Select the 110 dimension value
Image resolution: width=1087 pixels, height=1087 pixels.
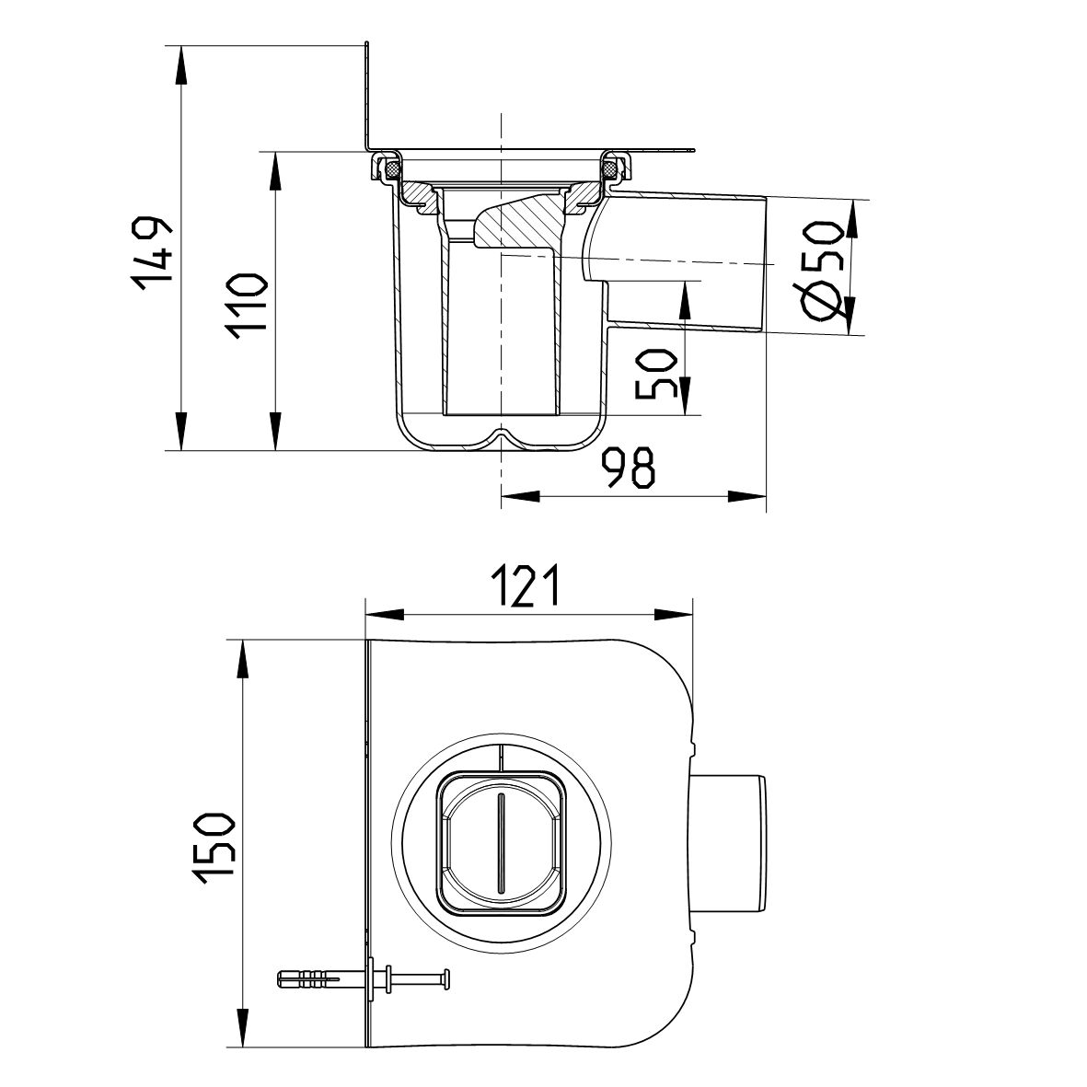click(249, 306)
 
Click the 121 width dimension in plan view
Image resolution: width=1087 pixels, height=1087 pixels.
click(526, 586)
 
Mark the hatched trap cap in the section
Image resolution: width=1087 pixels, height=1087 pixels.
click(520, 224)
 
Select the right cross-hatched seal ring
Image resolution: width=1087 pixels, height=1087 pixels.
click(610, 169)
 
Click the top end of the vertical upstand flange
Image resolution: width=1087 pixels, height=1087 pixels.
click(367, 44)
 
